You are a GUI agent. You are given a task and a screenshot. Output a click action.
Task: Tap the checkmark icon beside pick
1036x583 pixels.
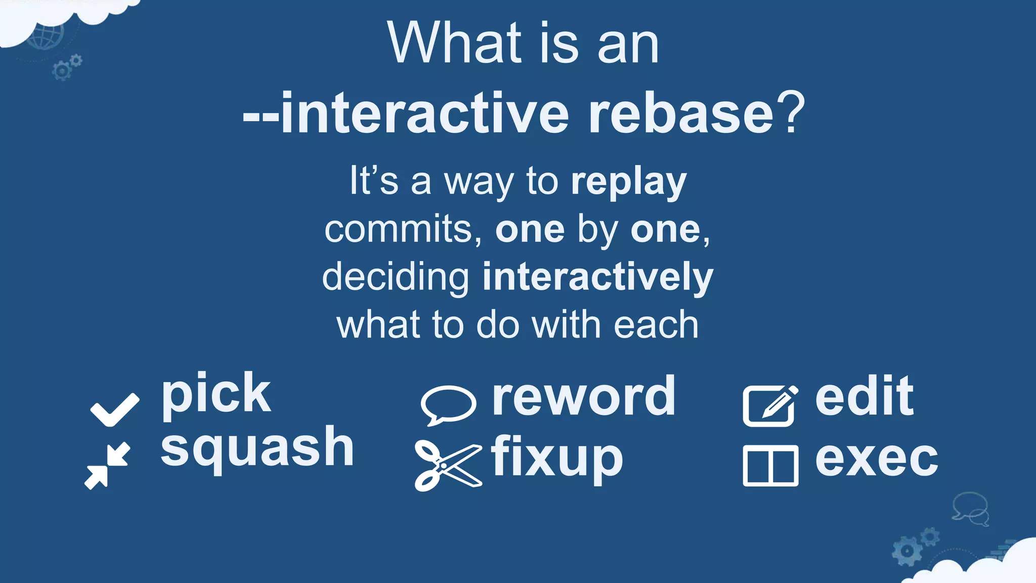click(114, 409)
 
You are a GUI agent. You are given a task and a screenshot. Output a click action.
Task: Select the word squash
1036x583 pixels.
click(257, 448)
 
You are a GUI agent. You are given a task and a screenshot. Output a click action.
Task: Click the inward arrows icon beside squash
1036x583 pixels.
click(108, 466)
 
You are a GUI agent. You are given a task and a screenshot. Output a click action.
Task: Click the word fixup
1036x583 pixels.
click(556, 458)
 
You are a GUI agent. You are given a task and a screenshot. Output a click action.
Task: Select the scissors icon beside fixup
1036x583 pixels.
click(448, 465)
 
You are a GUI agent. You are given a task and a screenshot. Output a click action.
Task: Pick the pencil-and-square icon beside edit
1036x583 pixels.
click(770, 406)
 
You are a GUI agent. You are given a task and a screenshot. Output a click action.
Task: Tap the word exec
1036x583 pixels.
click(877, 458)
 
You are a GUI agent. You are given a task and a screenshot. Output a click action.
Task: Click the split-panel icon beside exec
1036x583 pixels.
click(770, 466)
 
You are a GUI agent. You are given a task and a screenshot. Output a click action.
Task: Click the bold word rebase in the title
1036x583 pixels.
click(681, 113)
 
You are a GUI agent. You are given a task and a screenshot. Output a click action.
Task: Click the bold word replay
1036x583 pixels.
click(629, 182)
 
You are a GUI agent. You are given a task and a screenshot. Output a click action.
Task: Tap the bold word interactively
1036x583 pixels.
click(597, 277)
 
